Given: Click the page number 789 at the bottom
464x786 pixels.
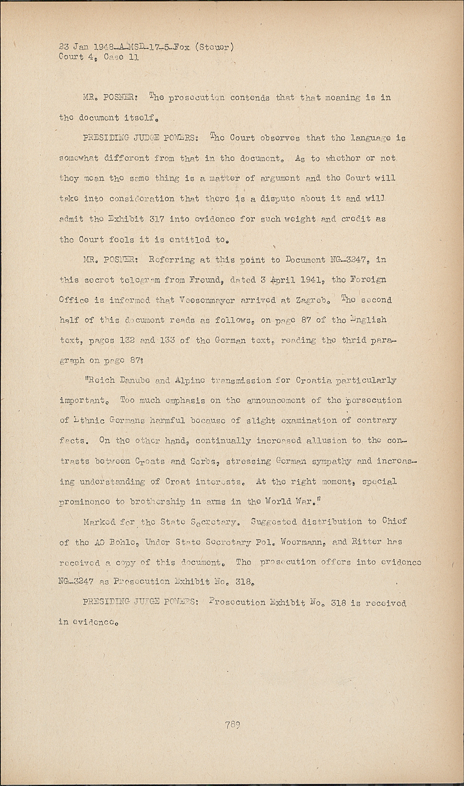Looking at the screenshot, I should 233,725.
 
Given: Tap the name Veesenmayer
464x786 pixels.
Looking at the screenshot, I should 202,300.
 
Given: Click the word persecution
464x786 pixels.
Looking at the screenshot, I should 375,400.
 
